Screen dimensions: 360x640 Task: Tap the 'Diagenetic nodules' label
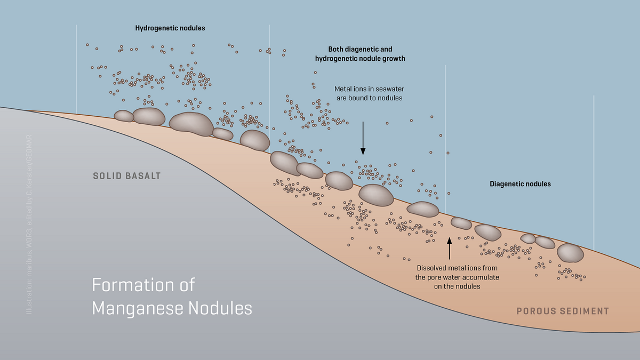coord(520,184)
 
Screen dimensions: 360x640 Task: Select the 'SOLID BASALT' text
coord(127,175)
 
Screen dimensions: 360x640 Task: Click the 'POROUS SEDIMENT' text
coord(562,311)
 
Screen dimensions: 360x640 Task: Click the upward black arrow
coord(450,247)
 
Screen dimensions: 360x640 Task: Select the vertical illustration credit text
coord(30,223)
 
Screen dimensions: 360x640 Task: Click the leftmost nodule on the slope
coord(124,116)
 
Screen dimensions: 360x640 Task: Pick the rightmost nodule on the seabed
coord(570,253)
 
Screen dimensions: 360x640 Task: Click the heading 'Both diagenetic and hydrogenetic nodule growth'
coord(361,53)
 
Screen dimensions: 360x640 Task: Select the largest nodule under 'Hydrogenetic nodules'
coord(191,124)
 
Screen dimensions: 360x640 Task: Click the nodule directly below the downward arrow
coord(376,195)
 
